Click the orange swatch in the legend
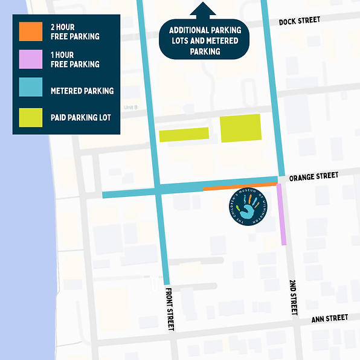pos(30,31)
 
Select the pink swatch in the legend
pos(30,59)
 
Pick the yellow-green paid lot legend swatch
pos(30,117)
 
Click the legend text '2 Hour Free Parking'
pos(75,32)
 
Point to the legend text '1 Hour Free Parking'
pos(75,60)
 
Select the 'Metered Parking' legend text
pos(82,91)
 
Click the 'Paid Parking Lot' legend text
pos(81,118)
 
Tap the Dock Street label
pos(300,21)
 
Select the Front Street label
pos(170,307)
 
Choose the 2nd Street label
pos(294,297)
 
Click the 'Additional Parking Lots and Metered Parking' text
pos(205,40)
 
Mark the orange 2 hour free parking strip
pos(240,187)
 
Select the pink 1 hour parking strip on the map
pos(281,214)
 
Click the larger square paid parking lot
pos(240,128)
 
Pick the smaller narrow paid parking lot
pos(184,134)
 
